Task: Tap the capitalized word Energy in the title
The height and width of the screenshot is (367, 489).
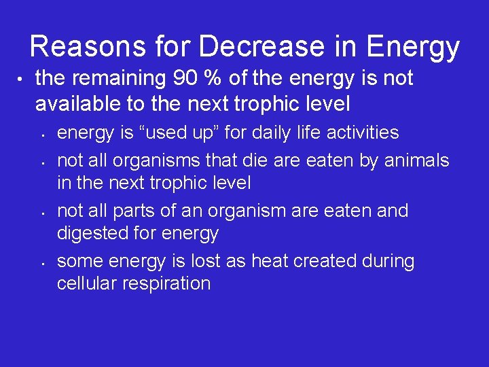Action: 414,47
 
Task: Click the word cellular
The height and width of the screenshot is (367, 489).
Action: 84,283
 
